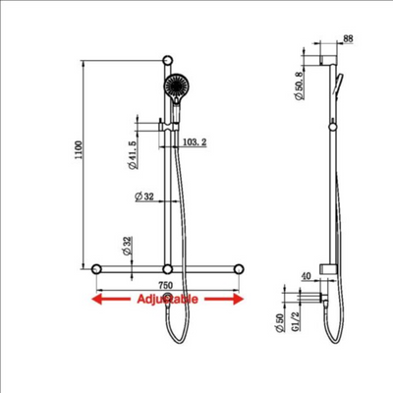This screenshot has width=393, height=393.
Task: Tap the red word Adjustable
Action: pos(166,298)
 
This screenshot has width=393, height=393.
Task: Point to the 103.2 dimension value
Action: pos(194,142)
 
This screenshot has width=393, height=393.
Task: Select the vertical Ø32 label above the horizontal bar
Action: pos(126,246)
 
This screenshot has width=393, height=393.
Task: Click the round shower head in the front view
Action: pos(177,88)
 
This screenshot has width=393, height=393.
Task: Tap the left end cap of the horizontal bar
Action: pos(96,268)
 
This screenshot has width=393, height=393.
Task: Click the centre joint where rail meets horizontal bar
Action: pos(168,268)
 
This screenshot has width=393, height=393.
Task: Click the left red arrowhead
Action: pos(96,298)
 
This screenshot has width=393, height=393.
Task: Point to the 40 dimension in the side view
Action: pos(308,277)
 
